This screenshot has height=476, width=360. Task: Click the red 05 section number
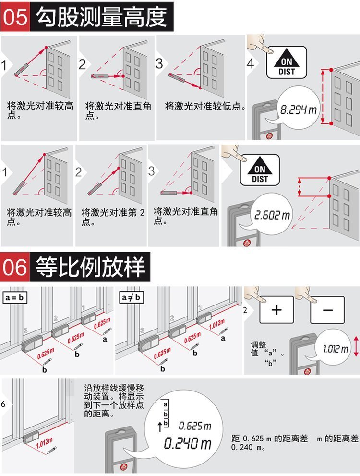[x=15, y=17]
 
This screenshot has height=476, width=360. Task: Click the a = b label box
[x=14, y=297]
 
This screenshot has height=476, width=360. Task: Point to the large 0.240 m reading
[x=188, y=443]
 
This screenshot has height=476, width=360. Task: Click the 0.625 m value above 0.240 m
[x=195, y=426]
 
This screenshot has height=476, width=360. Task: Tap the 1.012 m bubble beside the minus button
[x=335, y=349]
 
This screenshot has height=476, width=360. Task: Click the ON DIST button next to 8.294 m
[x=286, y=62]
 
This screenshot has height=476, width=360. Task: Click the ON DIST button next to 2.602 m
[x=260, y=170]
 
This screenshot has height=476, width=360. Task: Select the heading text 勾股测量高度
[x=102, y=17]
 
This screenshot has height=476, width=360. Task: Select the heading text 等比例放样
[x=90, y=267]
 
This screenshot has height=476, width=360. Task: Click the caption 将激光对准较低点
[x=205, y=106]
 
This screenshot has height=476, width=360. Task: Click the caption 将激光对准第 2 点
[x=112, y=217]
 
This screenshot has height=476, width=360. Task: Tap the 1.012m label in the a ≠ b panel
[x=217, y=324]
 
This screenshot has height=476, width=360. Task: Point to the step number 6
[x=3, y=404]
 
